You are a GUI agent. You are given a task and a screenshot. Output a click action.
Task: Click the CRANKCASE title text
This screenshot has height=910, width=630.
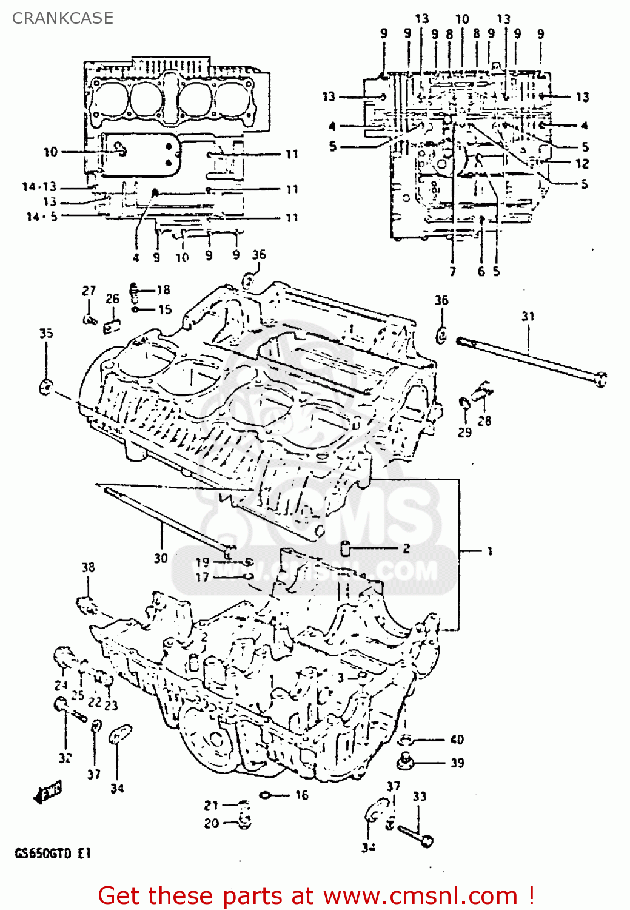62,18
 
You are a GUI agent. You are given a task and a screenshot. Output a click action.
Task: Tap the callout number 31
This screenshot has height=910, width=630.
528,316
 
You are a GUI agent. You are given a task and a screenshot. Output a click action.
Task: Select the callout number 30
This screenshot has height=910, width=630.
160,558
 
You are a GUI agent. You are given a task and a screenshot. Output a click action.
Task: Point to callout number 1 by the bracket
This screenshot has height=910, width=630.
489,551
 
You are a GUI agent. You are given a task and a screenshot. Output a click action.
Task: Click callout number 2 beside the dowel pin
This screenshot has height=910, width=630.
406,548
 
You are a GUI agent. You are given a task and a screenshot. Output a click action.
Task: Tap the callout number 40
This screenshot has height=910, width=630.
457,740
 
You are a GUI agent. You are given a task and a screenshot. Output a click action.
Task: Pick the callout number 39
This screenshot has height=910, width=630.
457,763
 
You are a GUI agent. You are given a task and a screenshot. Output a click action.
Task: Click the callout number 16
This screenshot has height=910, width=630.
301,795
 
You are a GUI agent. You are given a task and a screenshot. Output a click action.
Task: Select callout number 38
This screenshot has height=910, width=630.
89,568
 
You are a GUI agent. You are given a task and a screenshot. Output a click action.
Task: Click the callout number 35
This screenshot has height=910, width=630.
46,333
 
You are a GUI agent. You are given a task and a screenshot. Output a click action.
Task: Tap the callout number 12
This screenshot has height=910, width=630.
582,163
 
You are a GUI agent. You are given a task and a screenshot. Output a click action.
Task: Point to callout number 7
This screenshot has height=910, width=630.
452,271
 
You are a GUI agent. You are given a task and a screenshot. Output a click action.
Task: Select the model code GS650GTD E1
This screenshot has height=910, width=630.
53,853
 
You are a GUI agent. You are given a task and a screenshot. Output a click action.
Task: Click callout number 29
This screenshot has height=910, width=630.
464,433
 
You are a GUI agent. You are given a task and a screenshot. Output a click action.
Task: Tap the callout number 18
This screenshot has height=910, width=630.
163,290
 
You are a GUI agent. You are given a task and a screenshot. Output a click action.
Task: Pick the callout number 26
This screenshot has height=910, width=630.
113,298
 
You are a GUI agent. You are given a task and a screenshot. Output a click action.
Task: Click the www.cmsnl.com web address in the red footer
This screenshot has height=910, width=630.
420,895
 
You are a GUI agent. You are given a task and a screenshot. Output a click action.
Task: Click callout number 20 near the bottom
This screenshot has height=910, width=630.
211,823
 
